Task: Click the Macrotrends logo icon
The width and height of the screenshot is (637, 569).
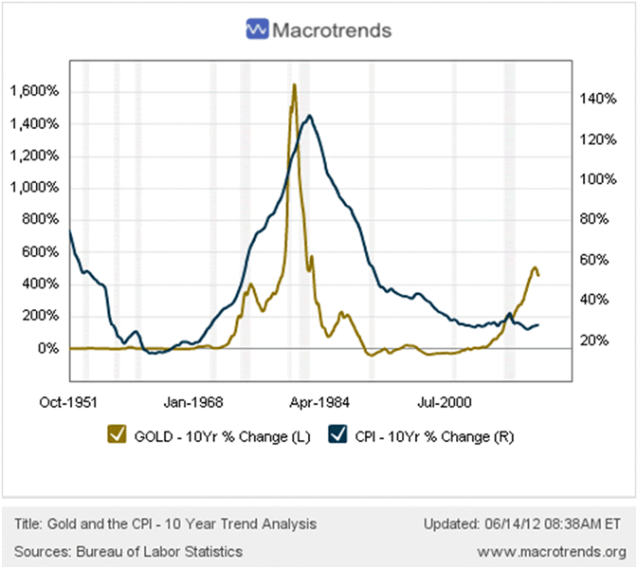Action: coord(256,29)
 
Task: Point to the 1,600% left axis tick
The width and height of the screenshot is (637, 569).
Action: coord(34,92)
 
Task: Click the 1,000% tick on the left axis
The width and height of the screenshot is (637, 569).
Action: coord(34,188)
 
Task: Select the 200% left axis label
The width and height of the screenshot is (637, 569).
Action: coord(41,316)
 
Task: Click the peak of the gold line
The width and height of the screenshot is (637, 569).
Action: coord(294,85)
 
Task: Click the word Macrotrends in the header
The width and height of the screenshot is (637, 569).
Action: coord(331,30)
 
